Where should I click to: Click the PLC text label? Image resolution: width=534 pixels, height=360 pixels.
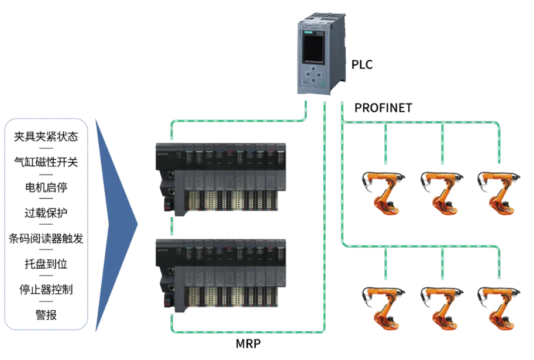[361, 64]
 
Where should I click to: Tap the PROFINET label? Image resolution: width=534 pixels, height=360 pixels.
[383, 108]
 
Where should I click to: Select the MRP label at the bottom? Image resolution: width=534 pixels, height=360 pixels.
[248, 343]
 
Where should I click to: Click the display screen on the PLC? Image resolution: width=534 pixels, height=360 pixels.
[313, 48]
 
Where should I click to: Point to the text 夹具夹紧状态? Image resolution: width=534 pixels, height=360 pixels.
[46, 136]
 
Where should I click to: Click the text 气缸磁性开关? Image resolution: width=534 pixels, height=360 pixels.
[46, 162]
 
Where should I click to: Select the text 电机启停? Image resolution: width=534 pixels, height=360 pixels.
[46, 187]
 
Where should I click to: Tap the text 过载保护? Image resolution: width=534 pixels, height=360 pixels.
[46, 212]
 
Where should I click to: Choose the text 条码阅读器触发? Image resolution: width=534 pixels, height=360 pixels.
[46, 238]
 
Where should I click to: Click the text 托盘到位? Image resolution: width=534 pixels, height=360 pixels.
[46, 264]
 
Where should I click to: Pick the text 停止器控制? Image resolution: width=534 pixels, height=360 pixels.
[46, 289]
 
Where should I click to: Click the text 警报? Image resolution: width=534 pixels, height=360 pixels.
[46, 315]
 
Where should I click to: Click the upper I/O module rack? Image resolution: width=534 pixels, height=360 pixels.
[221, 179]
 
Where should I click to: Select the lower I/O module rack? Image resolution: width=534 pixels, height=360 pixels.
[221, 276]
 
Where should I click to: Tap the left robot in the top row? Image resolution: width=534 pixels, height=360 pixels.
[384, 193]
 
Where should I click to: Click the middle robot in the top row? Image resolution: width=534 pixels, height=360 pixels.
[442, 193]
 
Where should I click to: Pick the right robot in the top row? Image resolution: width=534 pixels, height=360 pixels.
[499, 193]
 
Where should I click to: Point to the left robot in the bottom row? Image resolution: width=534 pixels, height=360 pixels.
[384, 308]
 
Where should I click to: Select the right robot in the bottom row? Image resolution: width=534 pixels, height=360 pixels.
[499, 308]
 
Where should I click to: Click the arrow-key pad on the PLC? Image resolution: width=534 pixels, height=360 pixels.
[313, 75]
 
